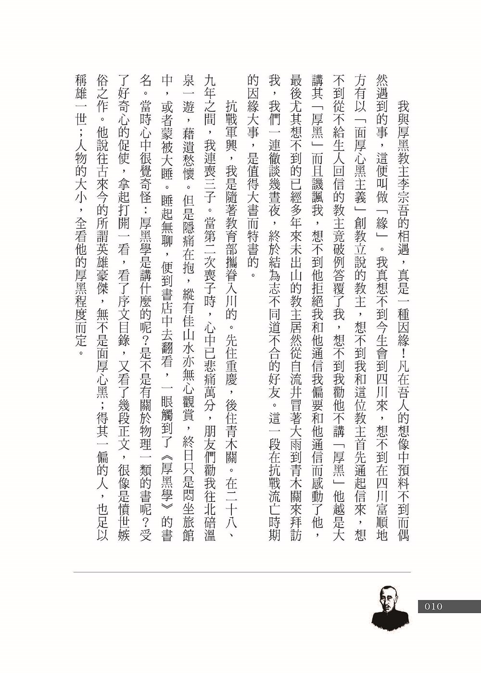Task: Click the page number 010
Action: pos(433,607)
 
